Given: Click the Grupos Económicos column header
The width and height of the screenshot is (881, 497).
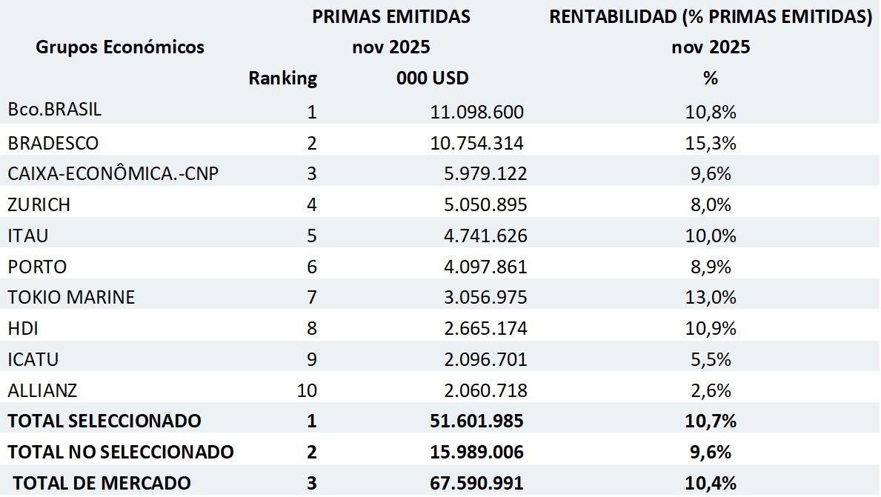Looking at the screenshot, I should click(x=120, y=47).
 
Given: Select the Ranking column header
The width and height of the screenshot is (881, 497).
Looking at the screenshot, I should click(x=282, y=78).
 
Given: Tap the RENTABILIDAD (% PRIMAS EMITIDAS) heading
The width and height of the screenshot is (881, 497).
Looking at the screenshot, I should click(x=710, y=17).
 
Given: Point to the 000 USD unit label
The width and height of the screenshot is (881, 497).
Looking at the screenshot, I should click(x=433, y=78).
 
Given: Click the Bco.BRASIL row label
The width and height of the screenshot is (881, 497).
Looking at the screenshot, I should click(x=55, y=110).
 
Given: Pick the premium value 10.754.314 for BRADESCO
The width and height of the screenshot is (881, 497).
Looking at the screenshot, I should click(x=477, y=143).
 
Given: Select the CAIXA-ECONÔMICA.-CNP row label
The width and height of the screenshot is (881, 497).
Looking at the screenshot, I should click(x=113, y=173).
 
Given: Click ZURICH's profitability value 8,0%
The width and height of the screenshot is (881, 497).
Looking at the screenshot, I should click(x=711, y=204).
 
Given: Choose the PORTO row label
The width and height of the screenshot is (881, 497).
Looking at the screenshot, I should click(x=37, y=267).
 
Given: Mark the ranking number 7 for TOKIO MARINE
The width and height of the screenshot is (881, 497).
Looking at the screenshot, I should click(x=311, y=298).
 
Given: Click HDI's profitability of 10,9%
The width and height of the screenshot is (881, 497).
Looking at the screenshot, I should click(x=711, y=328).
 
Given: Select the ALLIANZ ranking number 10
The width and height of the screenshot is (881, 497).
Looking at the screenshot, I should click(x=307, y=390).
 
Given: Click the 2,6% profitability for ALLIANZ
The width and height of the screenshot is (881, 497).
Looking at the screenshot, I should click(x=711, y=390).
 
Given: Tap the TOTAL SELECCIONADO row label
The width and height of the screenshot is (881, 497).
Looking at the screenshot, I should click(x=104, y=421).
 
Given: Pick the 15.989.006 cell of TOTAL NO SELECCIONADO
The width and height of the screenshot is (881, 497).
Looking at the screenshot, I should click(x=477, y=452).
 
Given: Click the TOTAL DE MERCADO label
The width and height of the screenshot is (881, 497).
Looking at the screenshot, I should click(x=102, y=483).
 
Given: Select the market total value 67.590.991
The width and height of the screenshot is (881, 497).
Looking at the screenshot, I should click(x=477, y=483).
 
